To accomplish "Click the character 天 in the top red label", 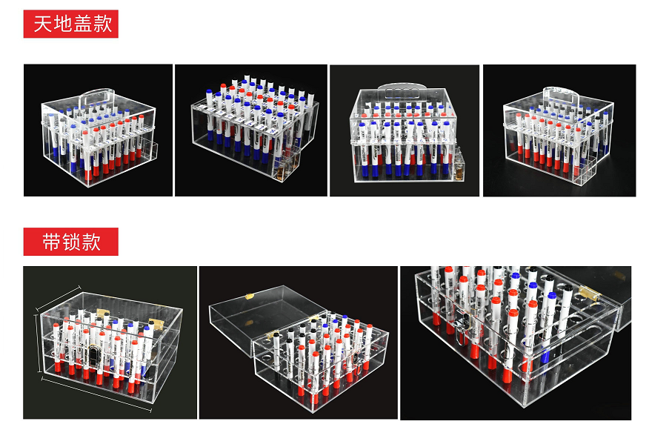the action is [x=43, y=24].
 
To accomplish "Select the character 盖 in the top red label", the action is [x=83, y=24].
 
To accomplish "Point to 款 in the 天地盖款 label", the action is [x=103, y=24].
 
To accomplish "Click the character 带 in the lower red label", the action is [x=51, y=242].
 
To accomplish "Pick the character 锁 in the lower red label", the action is [x=71, y=242].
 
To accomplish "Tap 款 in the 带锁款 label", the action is [x=91, y=242].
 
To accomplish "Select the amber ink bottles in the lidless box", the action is [x=282, y=170].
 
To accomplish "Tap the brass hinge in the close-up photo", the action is [x=590, y=293].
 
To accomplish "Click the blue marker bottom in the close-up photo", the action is [x=545, y=355].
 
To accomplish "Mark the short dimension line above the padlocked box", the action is [x=58, y=297].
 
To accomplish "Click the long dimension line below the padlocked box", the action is [x=96, y=394].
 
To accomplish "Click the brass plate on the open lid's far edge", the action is [x=250, y=297].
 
